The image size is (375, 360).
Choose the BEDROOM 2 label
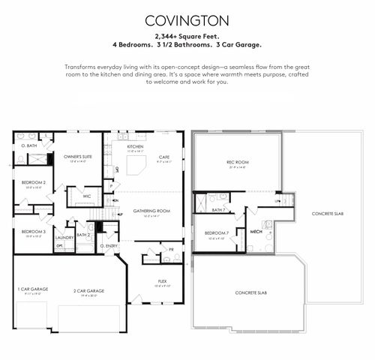pos(33,182)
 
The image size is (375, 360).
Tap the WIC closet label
pos(87,196)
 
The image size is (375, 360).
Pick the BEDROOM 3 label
pos(33,232)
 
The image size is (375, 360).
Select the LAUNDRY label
pos(64,238)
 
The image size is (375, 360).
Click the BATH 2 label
pos(83,235)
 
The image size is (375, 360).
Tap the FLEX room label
pos(162,281)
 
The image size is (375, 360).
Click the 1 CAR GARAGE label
pos(31,289)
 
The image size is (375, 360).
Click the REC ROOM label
pos(237,163)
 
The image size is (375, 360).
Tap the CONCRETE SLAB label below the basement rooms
pos(250,292)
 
